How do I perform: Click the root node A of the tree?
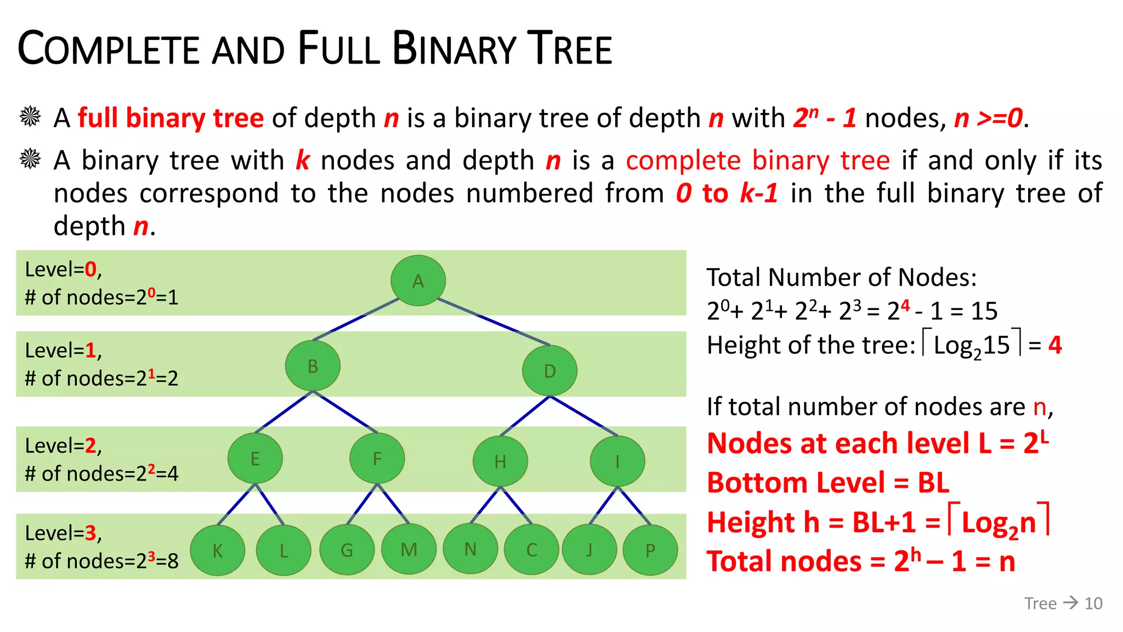coord(418,280)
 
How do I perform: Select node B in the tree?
coord(313,366)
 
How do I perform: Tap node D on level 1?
coord(549,371)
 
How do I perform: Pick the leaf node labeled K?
coord(217,550)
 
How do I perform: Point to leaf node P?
coord(650,550)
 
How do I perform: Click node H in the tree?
coord(500,461)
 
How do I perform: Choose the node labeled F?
coord(377,459)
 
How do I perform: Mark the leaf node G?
coord(347,550)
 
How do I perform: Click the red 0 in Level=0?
coord(90,269)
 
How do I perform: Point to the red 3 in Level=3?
coord(90,533)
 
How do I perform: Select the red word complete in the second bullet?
coord(683,161)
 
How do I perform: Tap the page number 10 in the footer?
coord(1093,603)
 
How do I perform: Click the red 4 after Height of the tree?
coord(1054,345)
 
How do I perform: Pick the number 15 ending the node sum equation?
coord(984,311)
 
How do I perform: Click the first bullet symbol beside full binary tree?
coord(30,116)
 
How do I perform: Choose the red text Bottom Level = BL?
coord(828,483)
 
